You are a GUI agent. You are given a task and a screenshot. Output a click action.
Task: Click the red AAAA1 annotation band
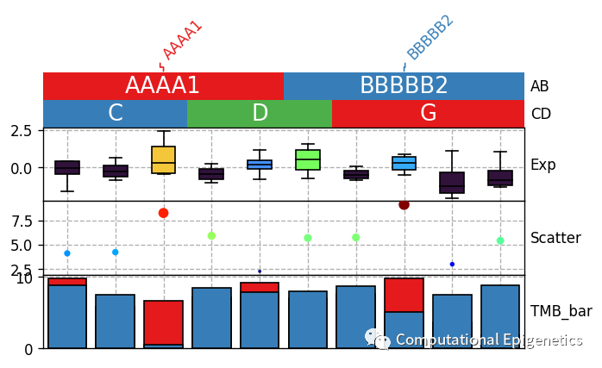click(163, 85)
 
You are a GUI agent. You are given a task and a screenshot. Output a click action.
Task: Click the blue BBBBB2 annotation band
click(404, 85)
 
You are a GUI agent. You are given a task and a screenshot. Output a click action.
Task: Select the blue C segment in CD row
click(115, 113)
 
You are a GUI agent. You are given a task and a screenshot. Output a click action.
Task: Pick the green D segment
click(260, 113)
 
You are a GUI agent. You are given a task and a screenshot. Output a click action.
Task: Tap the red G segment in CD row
click(428, 113)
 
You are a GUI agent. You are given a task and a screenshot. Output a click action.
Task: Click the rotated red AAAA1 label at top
click(182, 41)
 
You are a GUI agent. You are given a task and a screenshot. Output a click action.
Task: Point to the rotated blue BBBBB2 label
click(430, 38)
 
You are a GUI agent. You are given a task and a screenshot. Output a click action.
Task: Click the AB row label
click(540, 86)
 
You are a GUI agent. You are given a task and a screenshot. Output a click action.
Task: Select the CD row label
click(541, 114)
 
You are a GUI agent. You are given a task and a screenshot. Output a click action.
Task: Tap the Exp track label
click(543, 165)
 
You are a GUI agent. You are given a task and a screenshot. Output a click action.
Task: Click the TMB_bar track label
click(557, 312)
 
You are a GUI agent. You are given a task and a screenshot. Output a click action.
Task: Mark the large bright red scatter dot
click(163, 213)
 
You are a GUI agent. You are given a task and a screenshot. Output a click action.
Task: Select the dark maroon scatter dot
click(404, 204)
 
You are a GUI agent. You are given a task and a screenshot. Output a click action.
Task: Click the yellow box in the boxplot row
click(163, 160)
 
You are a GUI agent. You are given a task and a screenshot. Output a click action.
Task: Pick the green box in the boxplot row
click(308, 159)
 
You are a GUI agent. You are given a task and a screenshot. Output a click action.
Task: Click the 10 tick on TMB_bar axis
click(24, 278)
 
